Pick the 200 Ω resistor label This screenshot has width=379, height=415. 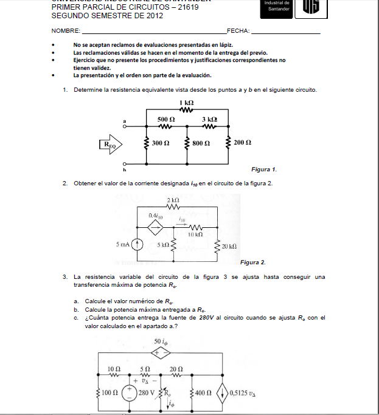[242, 142]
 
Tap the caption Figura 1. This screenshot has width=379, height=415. [264, 169]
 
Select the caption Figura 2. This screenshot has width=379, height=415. [253, 262]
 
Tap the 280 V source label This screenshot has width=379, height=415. [147, 393]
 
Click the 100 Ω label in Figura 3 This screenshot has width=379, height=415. [110, 393]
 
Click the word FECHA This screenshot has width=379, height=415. [237, 30]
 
